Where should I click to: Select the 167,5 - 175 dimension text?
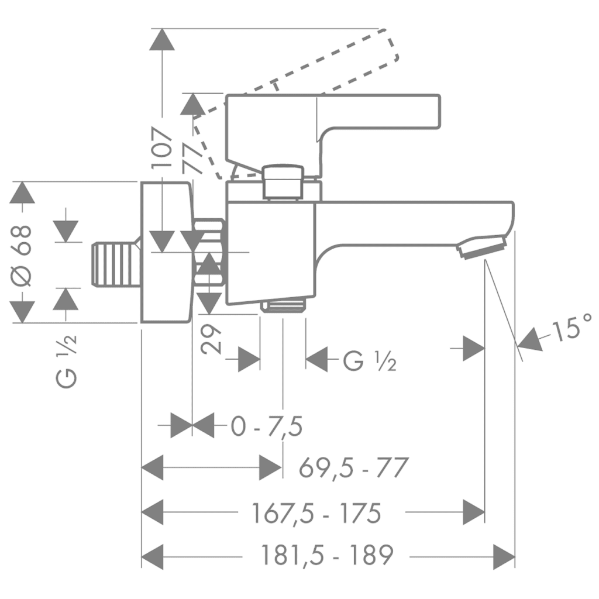pos(316,514)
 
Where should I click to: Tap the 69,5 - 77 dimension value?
pos(353,468)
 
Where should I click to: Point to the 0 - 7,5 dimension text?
pos(266,427)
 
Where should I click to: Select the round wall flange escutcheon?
pos(166,252)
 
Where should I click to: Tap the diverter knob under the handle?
pos(283,182)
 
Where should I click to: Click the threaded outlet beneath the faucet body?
pos(283,306)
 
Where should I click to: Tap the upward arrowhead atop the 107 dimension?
pos(162,40)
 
